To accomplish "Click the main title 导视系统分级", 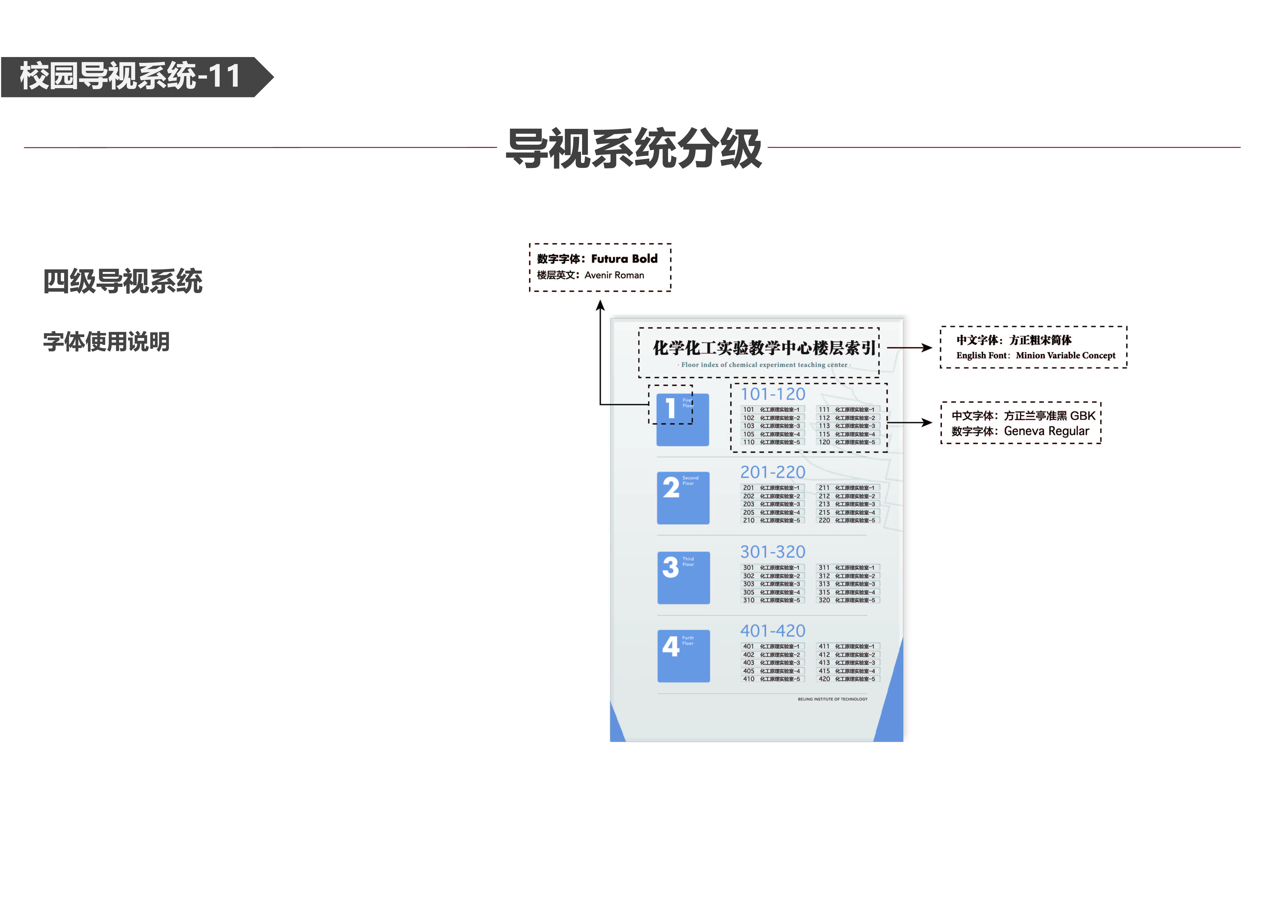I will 634,148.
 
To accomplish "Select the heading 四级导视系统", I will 123,281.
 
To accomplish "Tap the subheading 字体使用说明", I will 106,342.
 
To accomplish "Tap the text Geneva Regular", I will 1046,431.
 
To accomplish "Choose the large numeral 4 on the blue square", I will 671,646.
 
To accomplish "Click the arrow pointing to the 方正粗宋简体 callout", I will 910,348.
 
